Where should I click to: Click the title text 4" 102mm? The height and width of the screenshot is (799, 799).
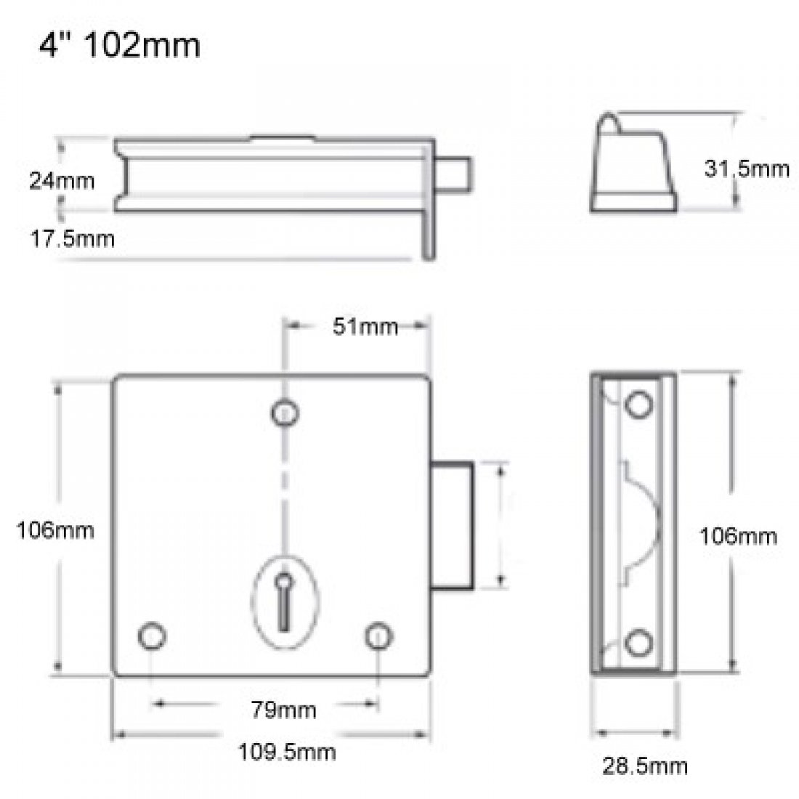(119, 46)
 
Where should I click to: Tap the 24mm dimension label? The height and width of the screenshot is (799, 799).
(62, 180)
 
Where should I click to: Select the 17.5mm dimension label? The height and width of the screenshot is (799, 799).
(72, 238)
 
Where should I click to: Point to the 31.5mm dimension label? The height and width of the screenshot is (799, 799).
(746, 169)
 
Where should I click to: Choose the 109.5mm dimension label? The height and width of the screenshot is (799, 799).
(288, 751)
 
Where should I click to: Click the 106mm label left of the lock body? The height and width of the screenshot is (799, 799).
(55, 530)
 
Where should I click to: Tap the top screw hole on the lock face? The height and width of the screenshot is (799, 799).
(285, 413)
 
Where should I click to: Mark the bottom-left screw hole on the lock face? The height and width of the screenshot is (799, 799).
(152, 635)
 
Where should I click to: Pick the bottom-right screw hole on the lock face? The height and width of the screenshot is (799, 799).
(378, 635)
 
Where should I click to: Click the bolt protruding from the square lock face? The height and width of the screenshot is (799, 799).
(453, 524)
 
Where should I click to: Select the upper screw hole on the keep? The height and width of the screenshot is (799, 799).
(639, 405)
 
